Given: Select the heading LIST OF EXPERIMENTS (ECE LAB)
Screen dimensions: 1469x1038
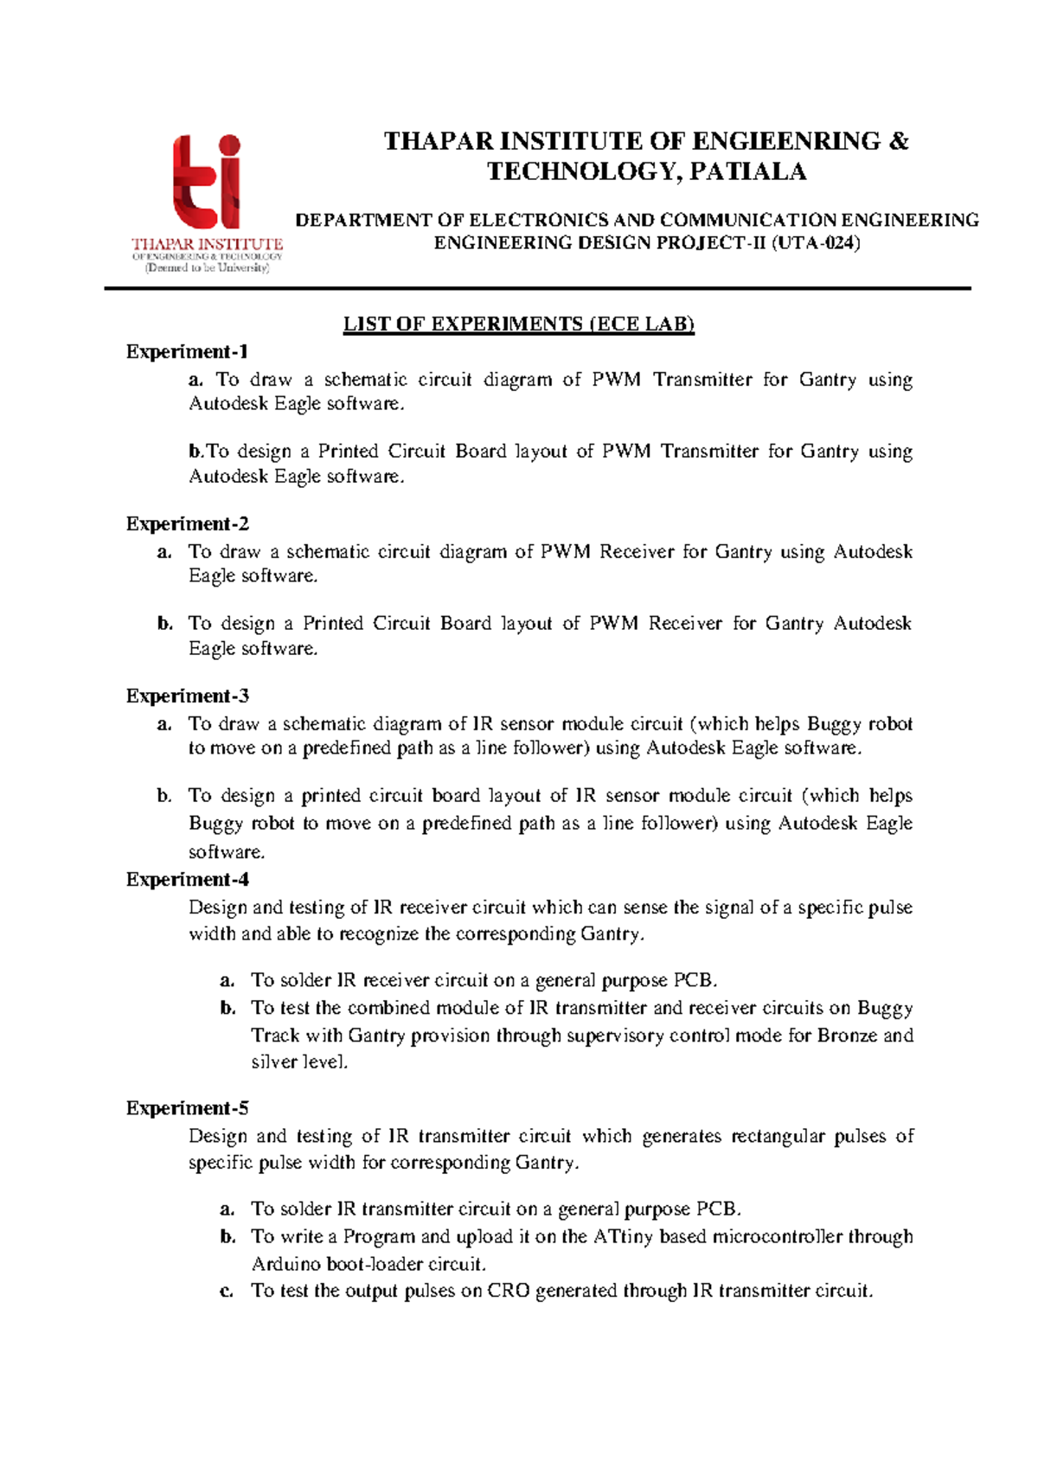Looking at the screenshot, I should (x=518, y=324).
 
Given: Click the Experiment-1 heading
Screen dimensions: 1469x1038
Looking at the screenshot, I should (x=187, y=352).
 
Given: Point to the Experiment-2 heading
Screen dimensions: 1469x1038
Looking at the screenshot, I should (x=187, y=524).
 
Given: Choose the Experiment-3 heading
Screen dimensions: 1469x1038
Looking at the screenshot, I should (x=187, y=696).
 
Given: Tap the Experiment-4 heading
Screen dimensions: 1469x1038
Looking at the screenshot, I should (x=187, y=880).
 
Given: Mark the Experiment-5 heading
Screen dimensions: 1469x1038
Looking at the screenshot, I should (x=187, y=1109).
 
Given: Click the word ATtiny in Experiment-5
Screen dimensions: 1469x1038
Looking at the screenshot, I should (x=623, y=1237).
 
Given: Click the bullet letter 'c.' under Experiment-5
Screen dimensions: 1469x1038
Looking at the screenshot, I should (x=227, y=1292).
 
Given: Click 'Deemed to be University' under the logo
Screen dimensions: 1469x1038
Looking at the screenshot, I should (x=208, y=268).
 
